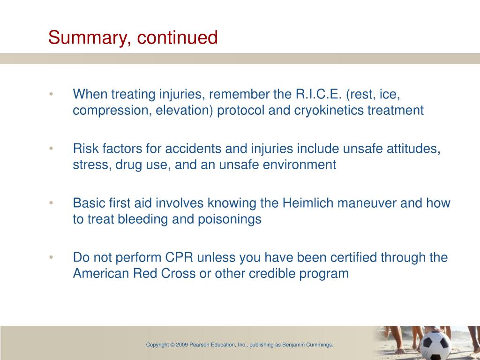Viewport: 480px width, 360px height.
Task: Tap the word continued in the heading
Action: pos(177,37)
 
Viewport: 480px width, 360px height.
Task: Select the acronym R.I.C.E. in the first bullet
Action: pos(318,94)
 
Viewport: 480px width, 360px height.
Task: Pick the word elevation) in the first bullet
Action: pos(184,110)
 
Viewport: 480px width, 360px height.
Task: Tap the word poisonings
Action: pos(230,219)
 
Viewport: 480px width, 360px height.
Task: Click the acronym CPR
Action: pos(179,257)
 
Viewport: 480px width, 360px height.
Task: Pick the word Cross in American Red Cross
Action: pos(178,274)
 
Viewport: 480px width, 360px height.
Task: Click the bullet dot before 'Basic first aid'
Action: pos(51,202)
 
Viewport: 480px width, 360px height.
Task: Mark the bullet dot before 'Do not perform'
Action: pos(51,257)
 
